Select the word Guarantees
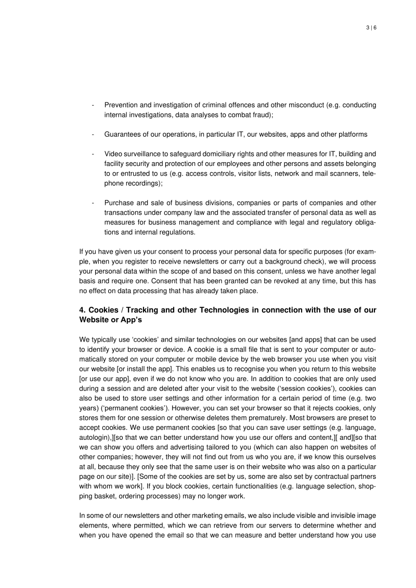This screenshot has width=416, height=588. pos(125,134)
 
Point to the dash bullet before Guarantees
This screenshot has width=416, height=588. pos(92,134)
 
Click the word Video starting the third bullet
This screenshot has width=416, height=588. pos(113,154)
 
